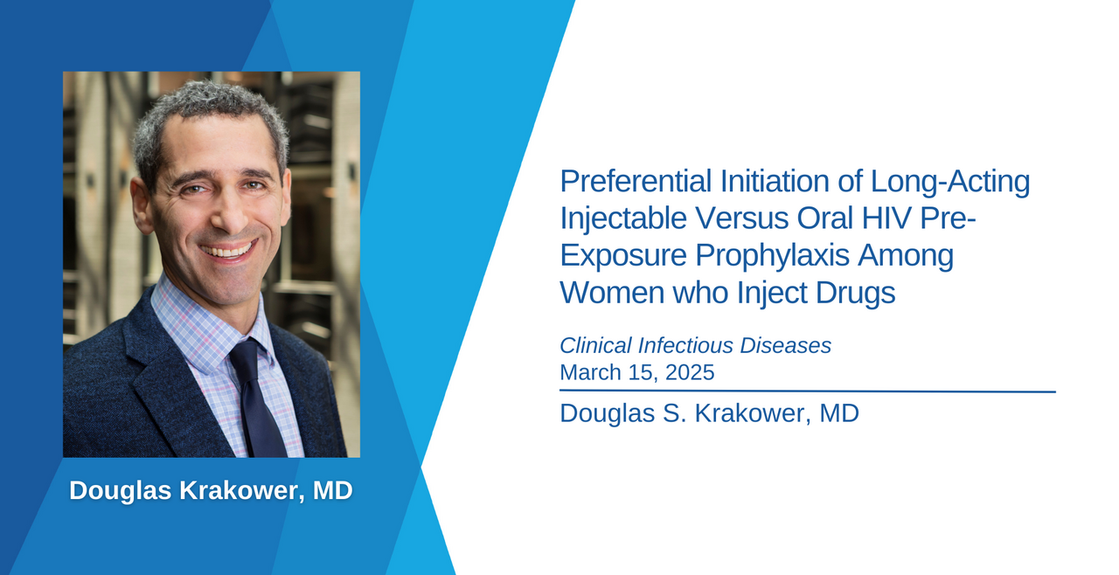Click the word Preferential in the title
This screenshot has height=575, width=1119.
pos(636,181)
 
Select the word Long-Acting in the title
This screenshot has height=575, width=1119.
pos(950,182)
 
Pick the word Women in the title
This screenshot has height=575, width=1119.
pos(612,293)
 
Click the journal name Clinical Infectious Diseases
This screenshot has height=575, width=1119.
pos(695,345)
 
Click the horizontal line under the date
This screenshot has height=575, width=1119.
pos(808,391)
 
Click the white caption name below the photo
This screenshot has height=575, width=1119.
pos(211,490)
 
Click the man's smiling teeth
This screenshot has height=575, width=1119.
pos(229,250)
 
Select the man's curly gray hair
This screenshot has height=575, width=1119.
pos(209,120)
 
